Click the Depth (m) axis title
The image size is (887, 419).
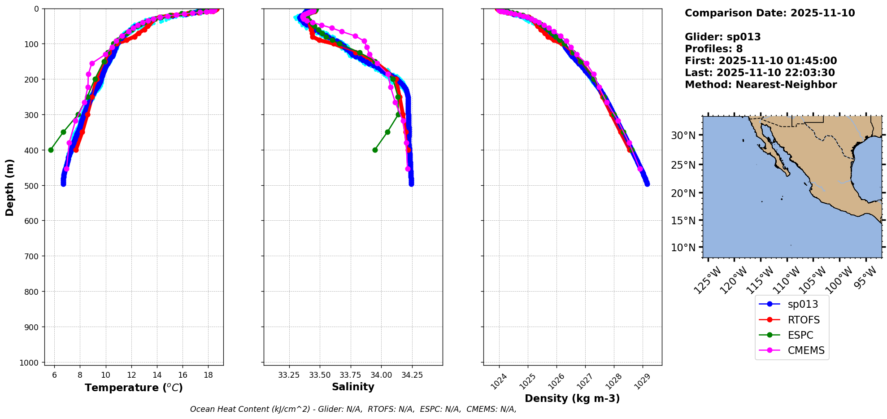pyautogui.click(x=9, y=187)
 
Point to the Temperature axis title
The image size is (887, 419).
pyautogui.click(x=134, y=388)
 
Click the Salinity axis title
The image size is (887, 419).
pyautogui.click(x=353, y=387)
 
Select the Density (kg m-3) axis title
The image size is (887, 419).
pyautogui.click(x=572, y=398)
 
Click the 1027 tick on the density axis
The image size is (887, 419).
pyautogui.click(x=583, y=381)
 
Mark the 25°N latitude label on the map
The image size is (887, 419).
pyautogui.click(x=683, y=165)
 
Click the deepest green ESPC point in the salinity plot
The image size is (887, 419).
pyautogui.click(x=375, y=150)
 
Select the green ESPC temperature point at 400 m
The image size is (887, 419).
pyautogui.click(x=51, y=150)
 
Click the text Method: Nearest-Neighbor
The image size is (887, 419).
pyautogui.click(x=761, y=85)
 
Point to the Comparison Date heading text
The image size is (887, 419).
pyautogui.click(x=770, y=13)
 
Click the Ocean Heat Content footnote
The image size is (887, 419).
pyautogui.click(x=353, y=409)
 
